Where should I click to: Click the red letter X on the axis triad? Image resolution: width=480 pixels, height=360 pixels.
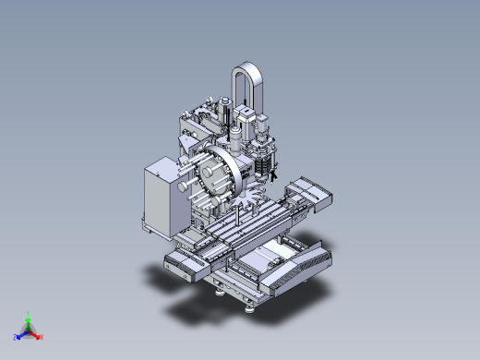42,337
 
